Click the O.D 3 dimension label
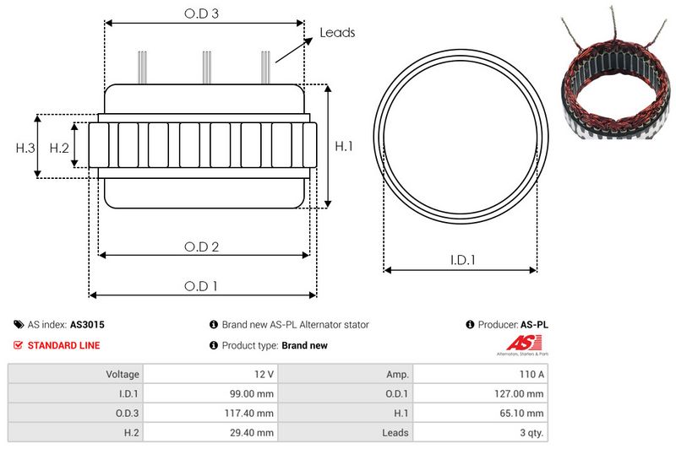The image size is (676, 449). [201, 14]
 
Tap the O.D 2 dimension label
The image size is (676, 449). [201, 246]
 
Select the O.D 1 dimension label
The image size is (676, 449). [201, 286]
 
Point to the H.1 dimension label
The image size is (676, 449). [344, 146]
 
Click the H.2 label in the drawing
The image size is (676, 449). [59, 148]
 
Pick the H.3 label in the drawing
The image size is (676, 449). [25, 148]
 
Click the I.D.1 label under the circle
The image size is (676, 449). [462, 260]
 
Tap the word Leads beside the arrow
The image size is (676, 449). [337, 33]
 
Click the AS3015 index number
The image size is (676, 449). [87, 325]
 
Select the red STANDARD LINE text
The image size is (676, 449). [64, 345]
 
